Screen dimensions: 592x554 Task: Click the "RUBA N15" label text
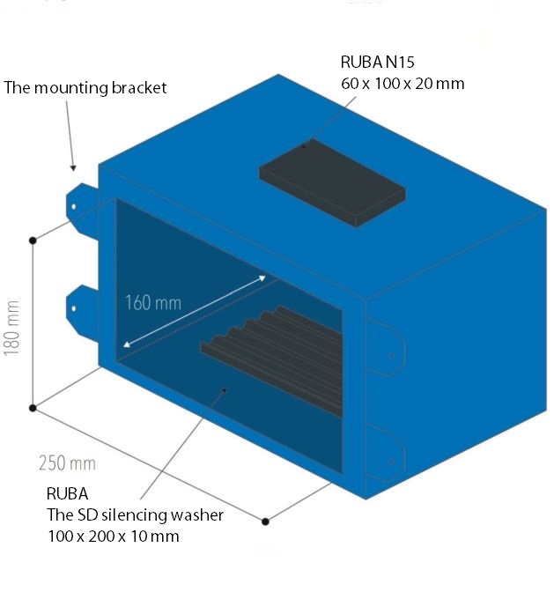tap(376, 63)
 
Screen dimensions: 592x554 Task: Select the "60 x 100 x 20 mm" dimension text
tap(402, 84)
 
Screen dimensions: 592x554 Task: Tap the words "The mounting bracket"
tap(85, 88)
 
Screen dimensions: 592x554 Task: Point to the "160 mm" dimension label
tap(152, 304)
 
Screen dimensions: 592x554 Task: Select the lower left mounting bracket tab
tap(82, 308)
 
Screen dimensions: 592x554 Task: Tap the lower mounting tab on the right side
tap(388, 451)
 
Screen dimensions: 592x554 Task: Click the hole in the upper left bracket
tap(74, 208)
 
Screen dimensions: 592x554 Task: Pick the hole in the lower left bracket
tap(74, 308)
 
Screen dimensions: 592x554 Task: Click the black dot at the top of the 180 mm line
tap(33, 240)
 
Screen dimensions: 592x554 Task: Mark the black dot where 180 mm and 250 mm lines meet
tap(33, 408)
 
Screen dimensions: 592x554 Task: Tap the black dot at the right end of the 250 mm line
tap(266, 522)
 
